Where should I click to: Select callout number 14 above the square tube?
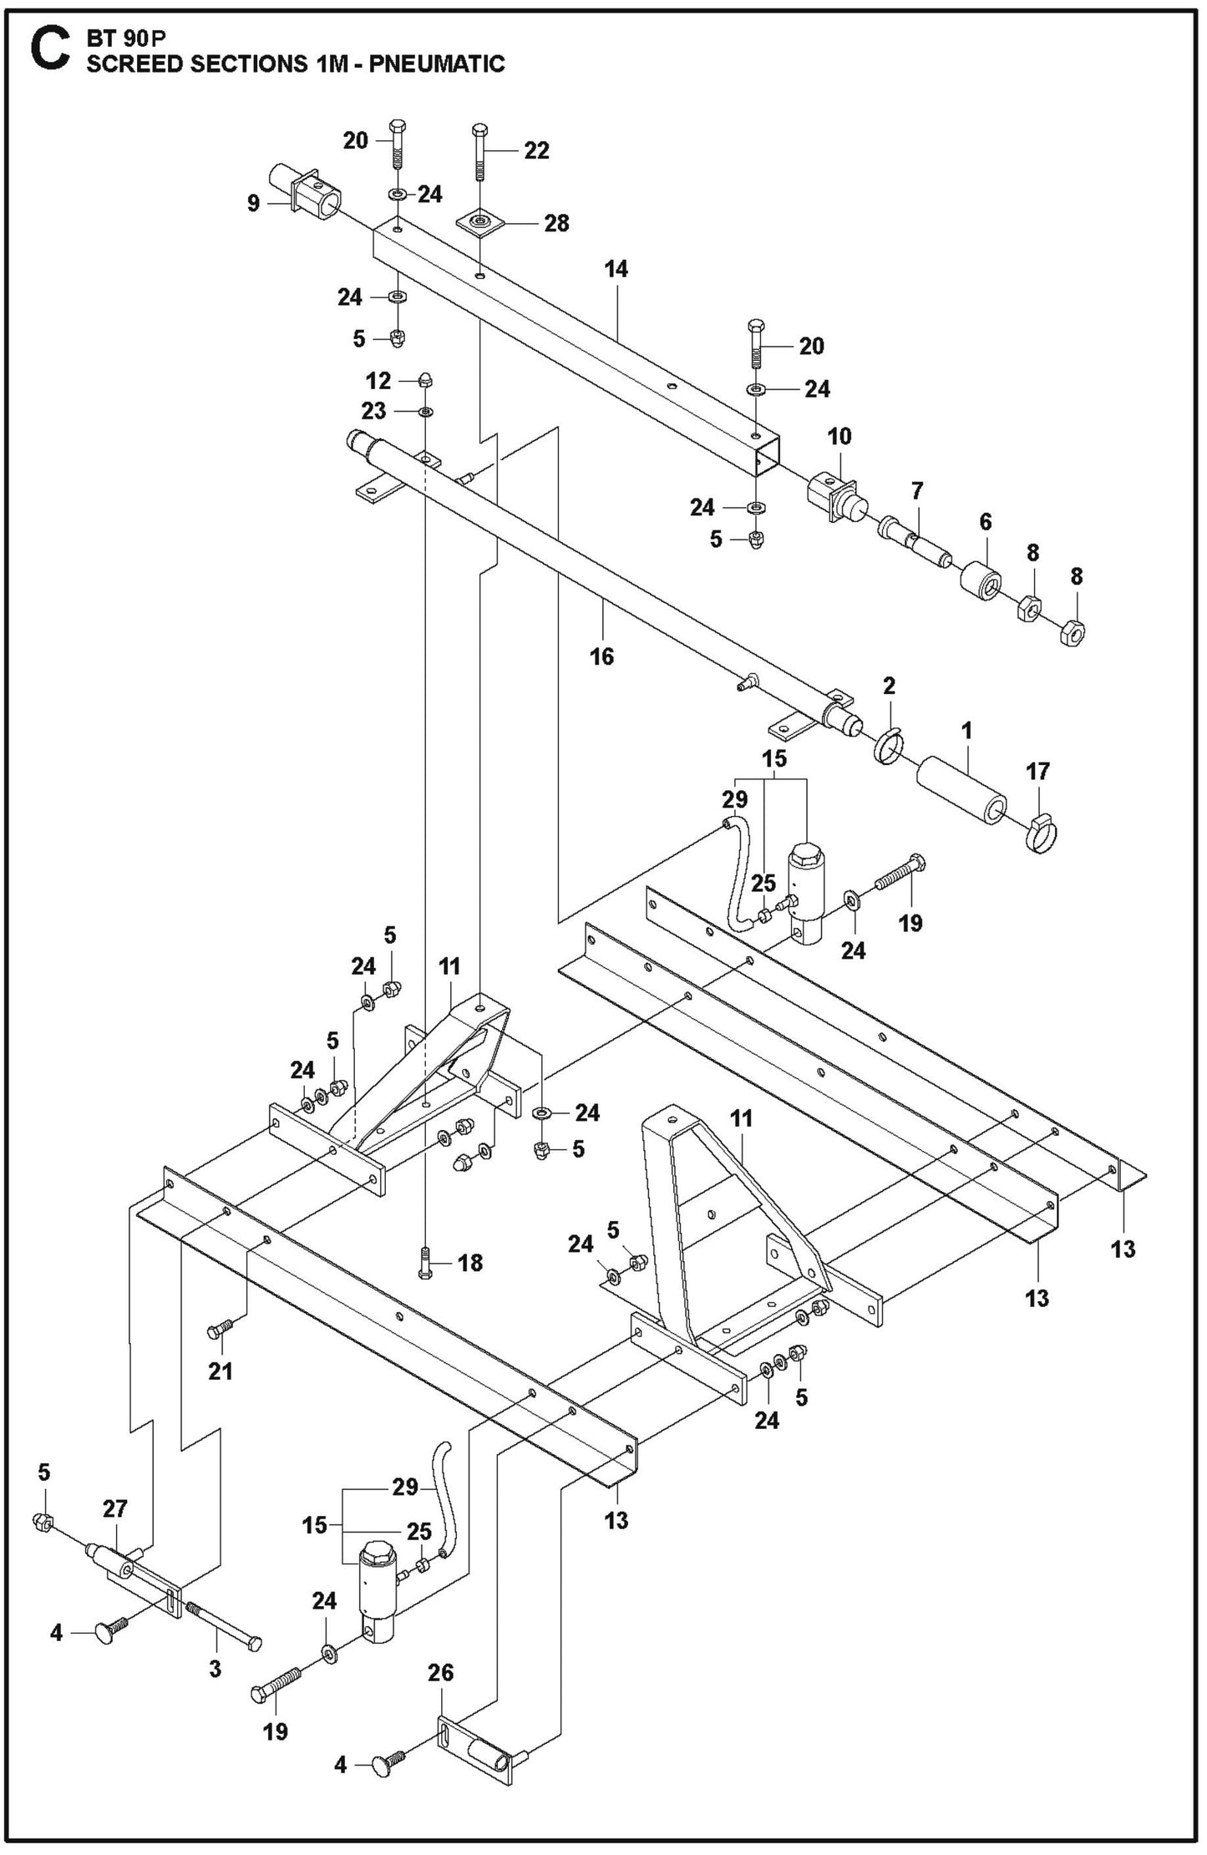[616, 270]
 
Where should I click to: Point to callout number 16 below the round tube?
[601, 656]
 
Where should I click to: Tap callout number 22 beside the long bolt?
[537, 150]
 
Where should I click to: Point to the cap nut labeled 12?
[425, 380]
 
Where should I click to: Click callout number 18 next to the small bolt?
[470, 1263]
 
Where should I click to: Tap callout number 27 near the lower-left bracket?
[114, 1508]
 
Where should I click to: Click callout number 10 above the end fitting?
[839, 436]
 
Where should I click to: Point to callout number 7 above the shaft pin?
[917, 490]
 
